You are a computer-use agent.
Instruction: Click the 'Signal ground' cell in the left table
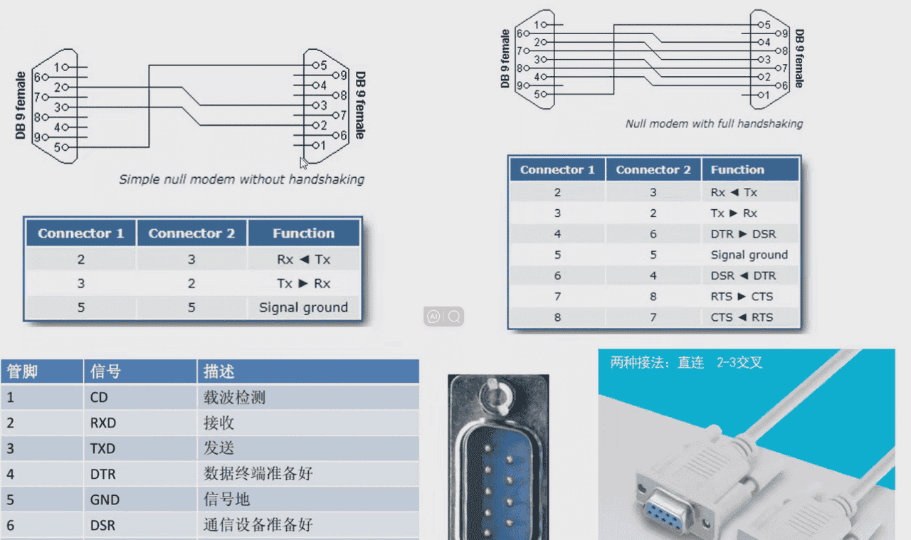(303, 307)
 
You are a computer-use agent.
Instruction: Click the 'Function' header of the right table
(737, 170)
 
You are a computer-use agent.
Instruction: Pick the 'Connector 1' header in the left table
(80, 233)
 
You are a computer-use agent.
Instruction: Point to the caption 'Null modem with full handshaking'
(714, 124)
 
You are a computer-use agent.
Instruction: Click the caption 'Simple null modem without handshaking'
(241, 179)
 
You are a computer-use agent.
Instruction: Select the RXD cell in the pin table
(103, 423)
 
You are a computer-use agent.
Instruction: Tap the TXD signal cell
(102, 449)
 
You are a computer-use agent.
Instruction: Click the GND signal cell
(105, 500)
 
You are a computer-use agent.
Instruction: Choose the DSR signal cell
(102, 526)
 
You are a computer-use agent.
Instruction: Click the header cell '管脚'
(22, 371)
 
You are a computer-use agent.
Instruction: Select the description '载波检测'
(234, 398)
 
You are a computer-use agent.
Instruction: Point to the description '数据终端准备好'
(258, 475)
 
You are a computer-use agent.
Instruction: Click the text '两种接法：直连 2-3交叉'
(686, 363)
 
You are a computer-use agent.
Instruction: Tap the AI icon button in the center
(433, 317)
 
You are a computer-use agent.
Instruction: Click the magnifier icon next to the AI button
(454, 317)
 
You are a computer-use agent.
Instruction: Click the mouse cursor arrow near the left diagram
(304, 163)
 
